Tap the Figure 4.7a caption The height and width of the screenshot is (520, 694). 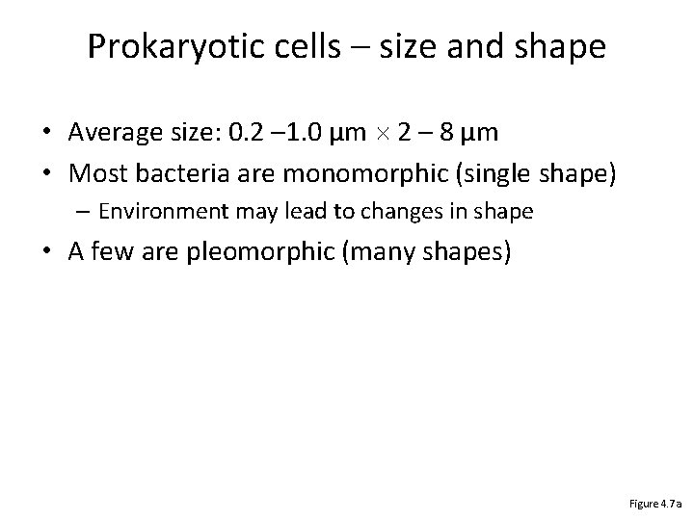(x=655, y=503)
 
